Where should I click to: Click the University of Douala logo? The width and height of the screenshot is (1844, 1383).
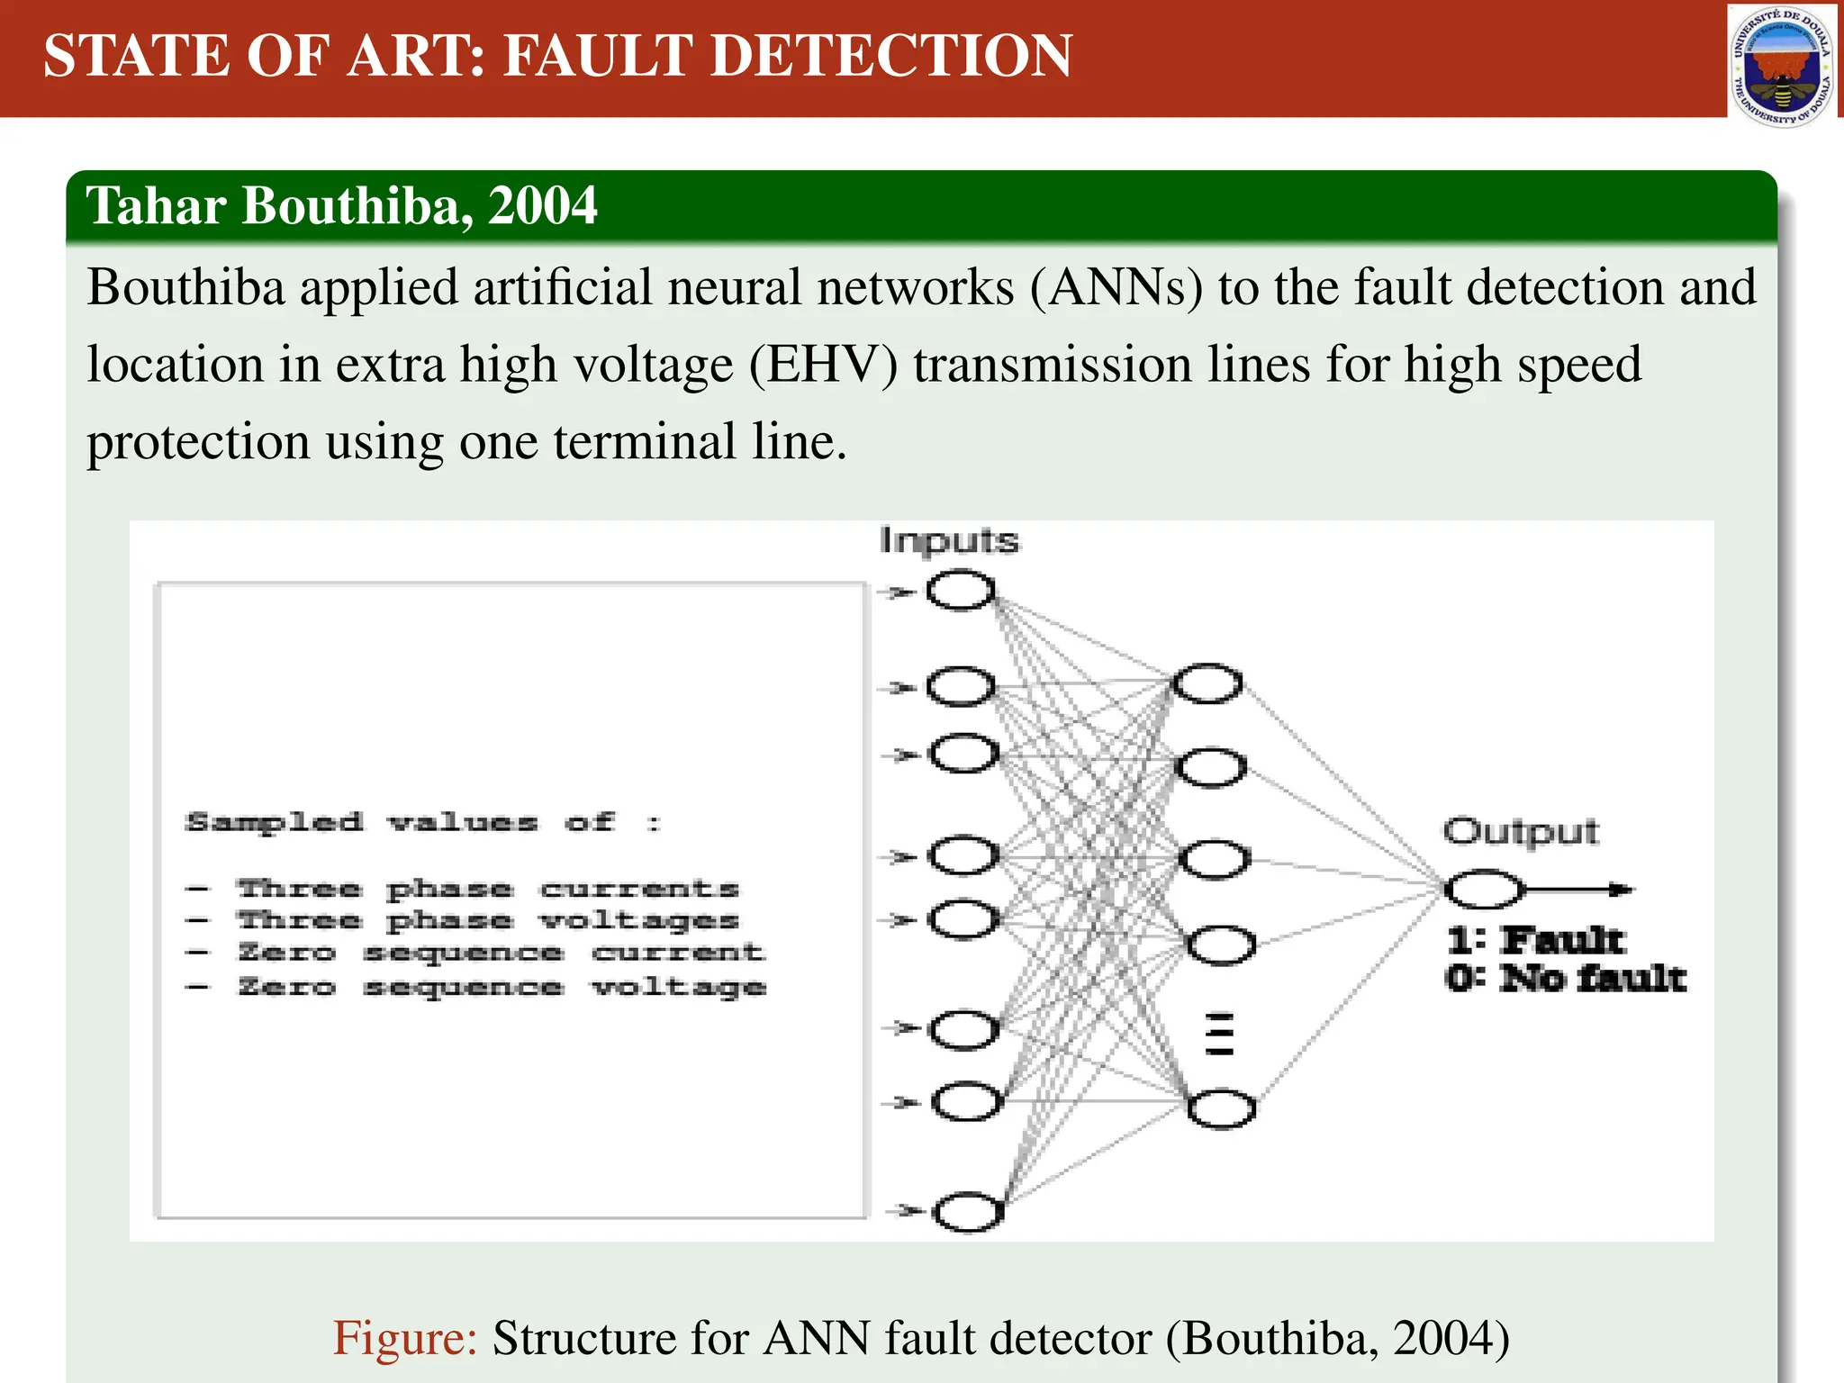coord(1782,66)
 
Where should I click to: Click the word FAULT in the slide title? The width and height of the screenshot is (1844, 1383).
coord(600,56)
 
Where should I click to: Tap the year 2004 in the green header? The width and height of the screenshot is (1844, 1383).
coord(543,205)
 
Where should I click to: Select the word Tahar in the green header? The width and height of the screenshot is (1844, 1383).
coord(156,205)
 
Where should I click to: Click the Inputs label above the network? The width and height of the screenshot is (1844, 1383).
coord(949,541)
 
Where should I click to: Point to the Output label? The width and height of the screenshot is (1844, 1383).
coord(1521,831)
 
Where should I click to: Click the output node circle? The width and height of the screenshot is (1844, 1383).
coord(1484,890)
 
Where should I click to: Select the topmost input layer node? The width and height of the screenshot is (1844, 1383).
coord(961,592)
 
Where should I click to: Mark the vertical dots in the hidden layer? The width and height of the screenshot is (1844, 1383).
coord(1219,1034)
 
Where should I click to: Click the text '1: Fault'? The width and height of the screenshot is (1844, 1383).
coord(1536,941)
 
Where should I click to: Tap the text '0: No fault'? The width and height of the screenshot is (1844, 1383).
coord(1566,979)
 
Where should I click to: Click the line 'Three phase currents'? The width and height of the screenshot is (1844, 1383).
coord(486,890)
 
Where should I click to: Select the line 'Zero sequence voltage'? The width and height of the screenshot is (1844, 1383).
coord(501,987)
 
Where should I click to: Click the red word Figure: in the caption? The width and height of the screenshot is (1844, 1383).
coord(405,1338)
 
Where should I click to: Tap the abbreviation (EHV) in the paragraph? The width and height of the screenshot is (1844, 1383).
coord(824,366)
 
